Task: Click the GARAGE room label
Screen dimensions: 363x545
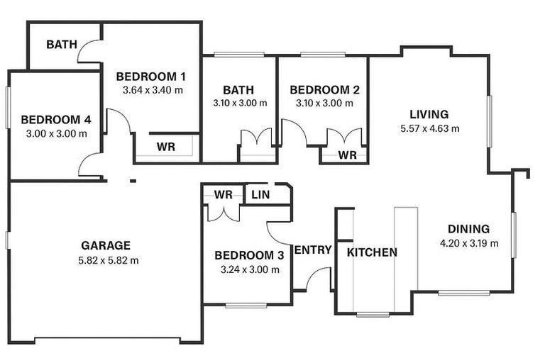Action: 106,246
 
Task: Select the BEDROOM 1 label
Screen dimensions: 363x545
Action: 151,77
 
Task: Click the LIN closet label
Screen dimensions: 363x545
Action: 260,194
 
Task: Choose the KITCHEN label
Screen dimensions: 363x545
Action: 372,252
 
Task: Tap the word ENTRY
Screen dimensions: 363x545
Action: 313,250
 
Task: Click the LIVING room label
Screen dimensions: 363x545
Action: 429,114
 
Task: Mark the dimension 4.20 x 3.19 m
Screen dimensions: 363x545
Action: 469,243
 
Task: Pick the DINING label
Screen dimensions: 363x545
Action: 468,229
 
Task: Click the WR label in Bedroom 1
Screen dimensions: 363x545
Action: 166,147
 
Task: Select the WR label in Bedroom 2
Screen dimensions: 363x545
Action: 347,155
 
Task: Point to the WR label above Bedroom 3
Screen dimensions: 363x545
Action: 224,194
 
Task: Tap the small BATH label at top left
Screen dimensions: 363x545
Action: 62,45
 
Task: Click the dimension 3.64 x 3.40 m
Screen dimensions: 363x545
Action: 153,90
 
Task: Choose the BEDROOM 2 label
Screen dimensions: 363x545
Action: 325,90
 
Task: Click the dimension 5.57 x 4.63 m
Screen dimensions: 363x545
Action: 430,128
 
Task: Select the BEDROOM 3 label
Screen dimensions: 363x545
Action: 250,255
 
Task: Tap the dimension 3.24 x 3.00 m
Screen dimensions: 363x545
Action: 250,269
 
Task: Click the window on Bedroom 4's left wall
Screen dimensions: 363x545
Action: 8,107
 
